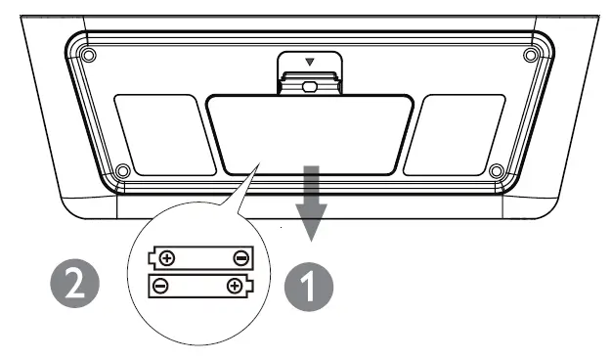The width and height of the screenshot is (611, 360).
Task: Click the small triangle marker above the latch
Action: [x=310, y=62]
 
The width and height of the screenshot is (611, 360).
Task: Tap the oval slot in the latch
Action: [x=310, y=85]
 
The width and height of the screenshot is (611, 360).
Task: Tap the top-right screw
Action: [x=531, y=54]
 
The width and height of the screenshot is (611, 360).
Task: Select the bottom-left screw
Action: [x=122, y=172]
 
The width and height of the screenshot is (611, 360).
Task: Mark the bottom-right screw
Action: [x=496, y=172]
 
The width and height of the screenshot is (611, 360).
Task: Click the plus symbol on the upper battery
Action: [x=167, y=259]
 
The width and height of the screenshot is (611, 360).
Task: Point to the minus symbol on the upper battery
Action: [x=240, y=259]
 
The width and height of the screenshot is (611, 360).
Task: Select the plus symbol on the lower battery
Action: [x=235, y=286]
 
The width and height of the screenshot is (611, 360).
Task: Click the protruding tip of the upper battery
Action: [x=151, y=259]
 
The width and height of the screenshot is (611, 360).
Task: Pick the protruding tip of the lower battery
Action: [x=251, y=286]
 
